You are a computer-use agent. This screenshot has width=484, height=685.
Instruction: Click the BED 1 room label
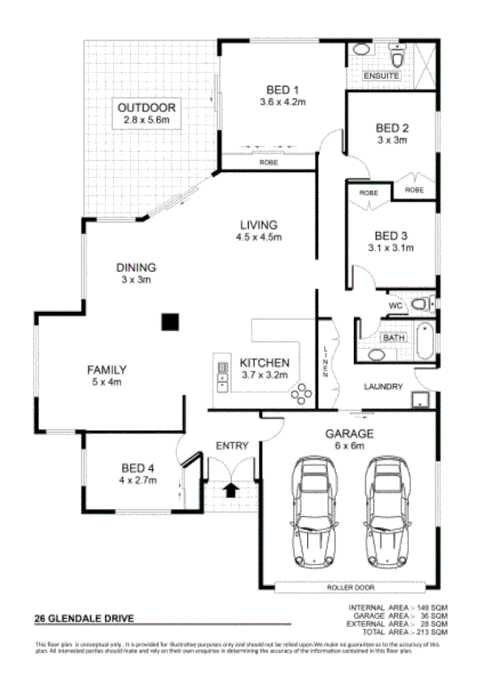pos(282,90)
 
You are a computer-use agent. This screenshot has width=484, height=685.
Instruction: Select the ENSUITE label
pos(381,76)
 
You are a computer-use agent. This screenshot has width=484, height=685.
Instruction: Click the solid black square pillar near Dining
pos(169,322)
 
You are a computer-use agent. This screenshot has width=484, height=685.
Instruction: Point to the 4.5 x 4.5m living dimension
pos(259,237)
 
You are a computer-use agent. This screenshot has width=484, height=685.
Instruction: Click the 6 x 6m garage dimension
pos(351,445)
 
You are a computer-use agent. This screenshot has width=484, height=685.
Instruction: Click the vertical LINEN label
pos(326,362)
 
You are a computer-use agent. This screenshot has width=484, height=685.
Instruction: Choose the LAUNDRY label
pos(383,387)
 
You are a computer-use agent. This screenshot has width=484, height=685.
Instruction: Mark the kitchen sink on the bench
pos(221,376)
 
